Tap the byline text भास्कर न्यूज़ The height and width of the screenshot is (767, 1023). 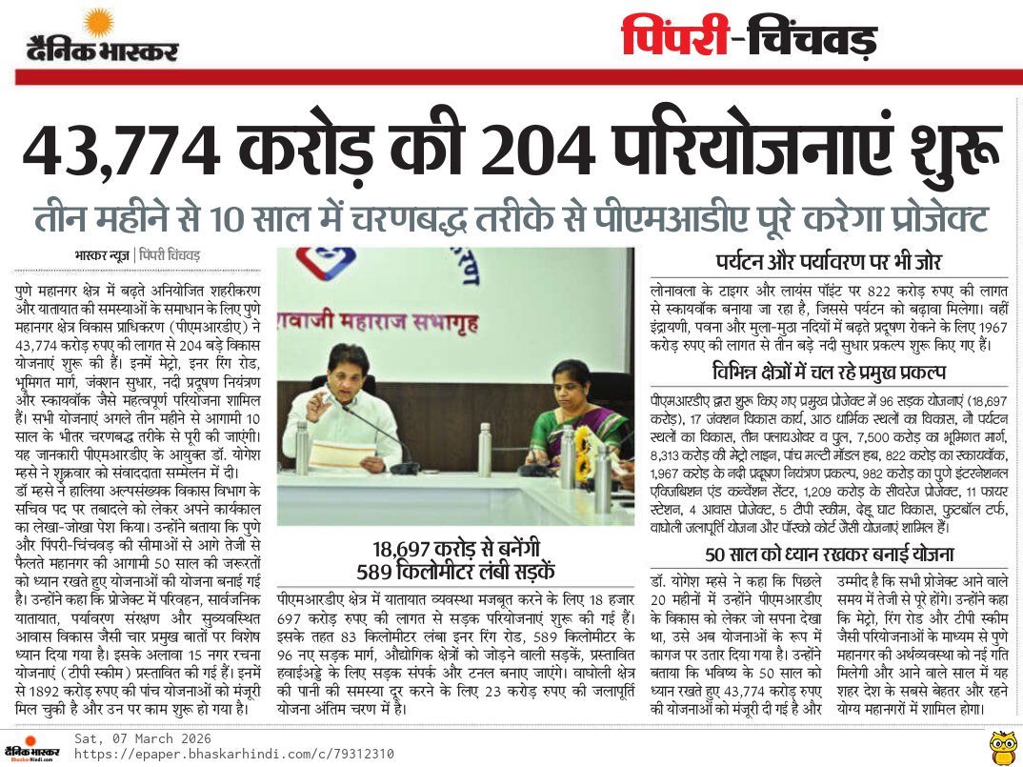point(103,255)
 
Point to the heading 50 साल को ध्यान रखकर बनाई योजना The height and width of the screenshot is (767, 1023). point(829,554)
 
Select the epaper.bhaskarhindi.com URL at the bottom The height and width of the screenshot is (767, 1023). point(233,754)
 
